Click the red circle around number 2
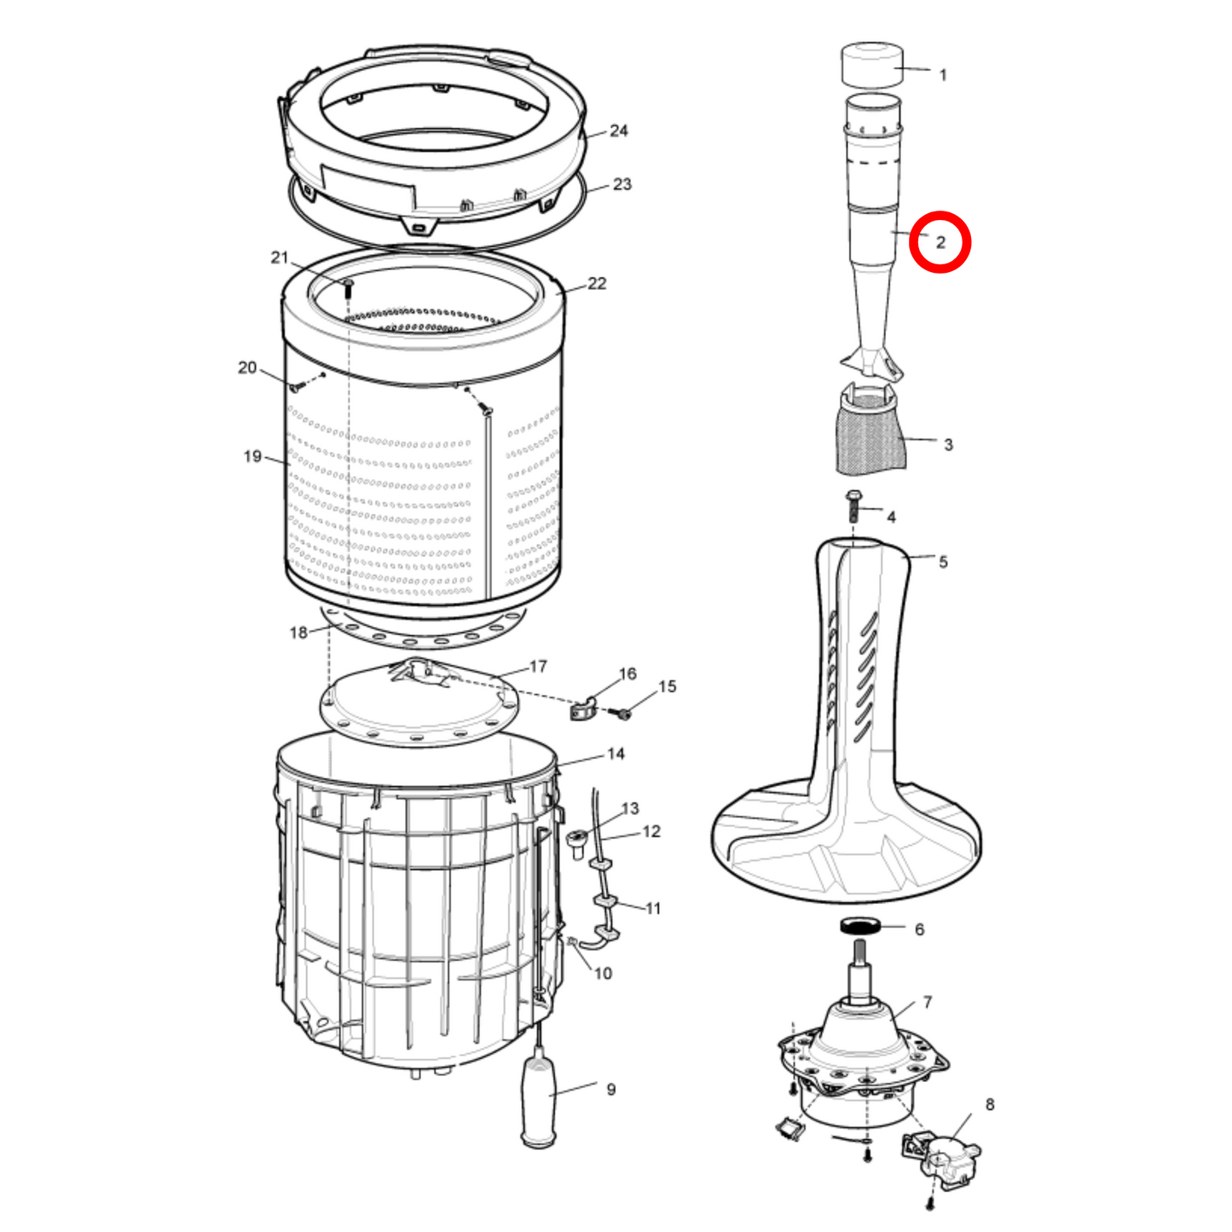(940, 213)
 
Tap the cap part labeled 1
(872, 65)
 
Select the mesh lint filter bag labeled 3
(870, 431)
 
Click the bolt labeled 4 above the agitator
(853, 505)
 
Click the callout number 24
(618, 131)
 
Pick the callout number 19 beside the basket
(252, 456)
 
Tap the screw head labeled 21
(348, 282)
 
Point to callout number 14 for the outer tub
(616, 755)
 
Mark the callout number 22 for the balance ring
(597, 283)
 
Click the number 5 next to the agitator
(943, 562)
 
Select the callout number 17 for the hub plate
(538, 667)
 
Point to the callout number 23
(622, 184)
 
